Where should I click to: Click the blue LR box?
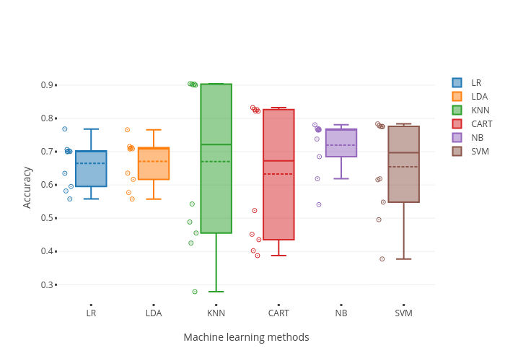(x=91, y=169)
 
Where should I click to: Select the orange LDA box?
(x=154, y=164)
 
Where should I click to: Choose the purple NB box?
(x=341, y=143)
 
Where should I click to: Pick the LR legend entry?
(x=473, y=83)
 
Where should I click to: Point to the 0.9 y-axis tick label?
(x=47, y=85)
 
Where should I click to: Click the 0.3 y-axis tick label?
(x=47, y=284)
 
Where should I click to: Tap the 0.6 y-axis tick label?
(x=47, y=185)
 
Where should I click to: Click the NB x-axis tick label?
(x=341, y=313)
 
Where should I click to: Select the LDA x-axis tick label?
(x=154, y=313)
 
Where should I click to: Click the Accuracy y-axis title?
(x=27, y=188)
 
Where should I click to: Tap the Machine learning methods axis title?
(x=246, y=337)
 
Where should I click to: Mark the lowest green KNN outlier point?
(x=195, y=292)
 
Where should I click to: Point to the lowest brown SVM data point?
(x=382, y=258)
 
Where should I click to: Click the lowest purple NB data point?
(x=319, y=204)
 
